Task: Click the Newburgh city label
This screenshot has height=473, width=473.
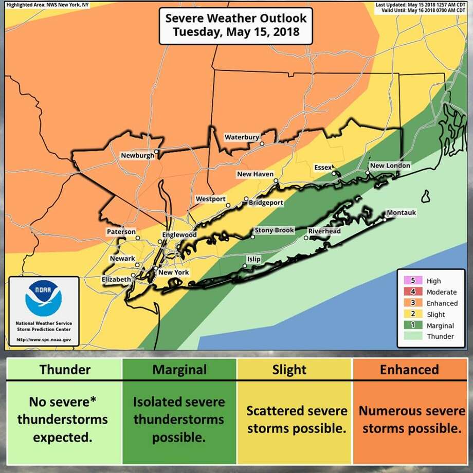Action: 137,156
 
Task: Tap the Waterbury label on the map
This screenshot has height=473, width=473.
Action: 241,137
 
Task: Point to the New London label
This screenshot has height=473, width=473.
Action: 390,166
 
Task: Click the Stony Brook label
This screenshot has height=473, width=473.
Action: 275,230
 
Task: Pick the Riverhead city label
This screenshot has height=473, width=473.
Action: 324,231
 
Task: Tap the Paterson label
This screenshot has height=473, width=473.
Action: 121,232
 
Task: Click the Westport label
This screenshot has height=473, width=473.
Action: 210,199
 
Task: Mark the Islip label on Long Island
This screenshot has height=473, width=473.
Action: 253,260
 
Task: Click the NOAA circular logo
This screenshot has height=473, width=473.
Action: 44,299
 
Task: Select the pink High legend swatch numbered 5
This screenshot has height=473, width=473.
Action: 406,281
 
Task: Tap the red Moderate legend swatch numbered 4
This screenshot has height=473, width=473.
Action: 406,292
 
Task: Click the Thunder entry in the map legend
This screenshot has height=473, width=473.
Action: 440,337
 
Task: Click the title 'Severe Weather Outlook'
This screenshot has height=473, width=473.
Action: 236,19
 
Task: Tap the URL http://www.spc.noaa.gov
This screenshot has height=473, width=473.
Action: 44,340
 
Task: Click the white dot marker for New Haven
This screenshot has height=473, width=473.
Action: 276,181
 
